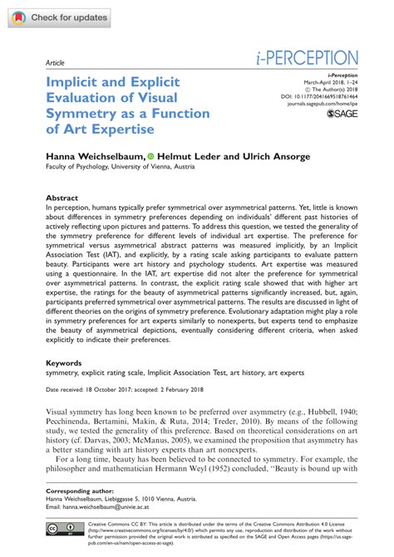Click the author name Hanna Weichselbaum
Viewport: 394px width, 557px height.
(93, 155)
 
